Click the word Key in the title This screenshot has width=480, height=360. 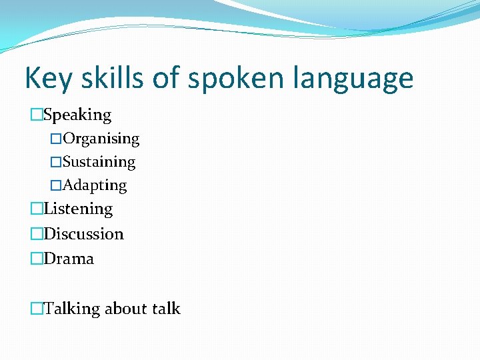coord(49,79)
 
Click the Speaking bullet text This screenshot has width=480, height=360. coord(77,115)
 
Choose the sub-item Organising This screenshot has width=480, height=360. coord(101,139)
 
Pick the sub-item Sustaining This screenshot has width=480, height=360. coord(99,162)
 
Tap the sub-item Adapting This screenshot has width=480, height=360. coord(95,185)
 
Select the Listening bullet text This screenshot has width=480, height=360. coord(78,209)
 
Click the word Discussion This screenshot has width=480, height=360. coord(83,234)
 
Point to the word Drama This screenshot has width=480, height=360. coord(69,259)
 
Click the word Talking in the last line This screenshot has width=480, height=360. coord(72,309)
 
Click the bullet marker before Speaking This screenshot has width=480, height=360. coord(36,115)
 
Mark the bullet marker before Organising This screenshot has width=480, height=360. coord(56,139)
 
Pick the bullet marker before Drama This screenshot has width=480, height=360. coord(36,259)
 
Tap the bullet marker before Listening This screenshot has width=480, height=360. coord(36,209)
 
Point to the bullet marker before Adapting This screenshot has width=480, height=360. coord(56,185)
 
